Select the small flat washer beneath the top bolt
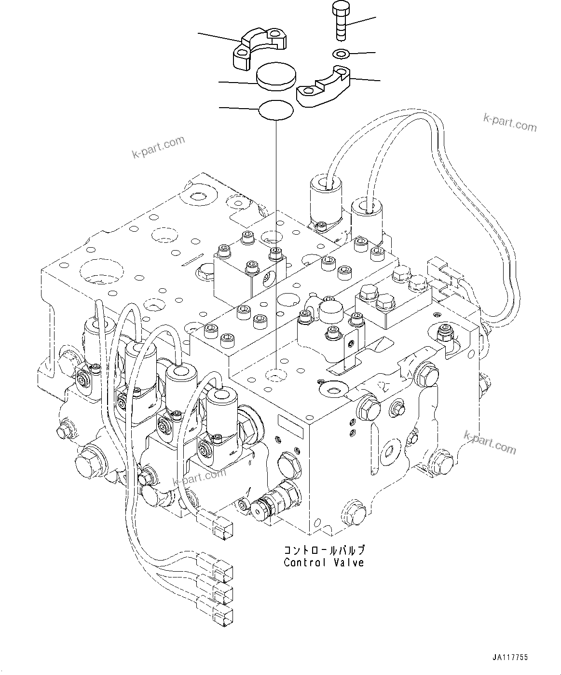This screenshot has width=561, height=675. click(x=342, y=53)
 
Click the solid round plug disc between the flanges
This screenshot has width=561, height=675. click(x=275, y=77)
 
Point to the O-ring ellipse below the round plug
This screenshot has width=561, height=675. click(x=276, y=111)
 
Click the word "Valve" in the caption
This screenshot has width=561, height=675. click(x=350, y=562)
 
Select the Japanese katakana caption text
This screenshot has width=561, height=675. click(x=323, y=550)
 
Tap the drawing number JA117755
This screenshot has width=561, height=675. click(x=510, y=658)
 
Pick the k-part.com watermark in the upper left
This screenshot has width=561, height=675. click(x=158, y=147)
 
